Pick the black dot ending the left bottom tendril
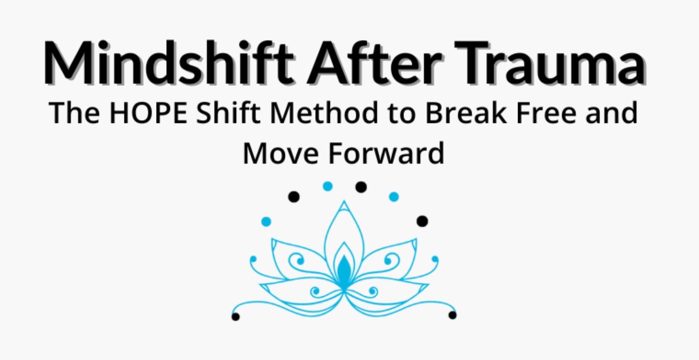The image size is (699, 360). click(236, 316)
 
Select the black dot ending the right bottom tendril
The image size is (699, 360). click(452, 315)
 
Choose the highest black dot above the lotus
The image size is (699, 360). click(361, 187)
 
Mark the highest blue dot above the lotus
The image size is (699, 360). click(327, 186)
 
